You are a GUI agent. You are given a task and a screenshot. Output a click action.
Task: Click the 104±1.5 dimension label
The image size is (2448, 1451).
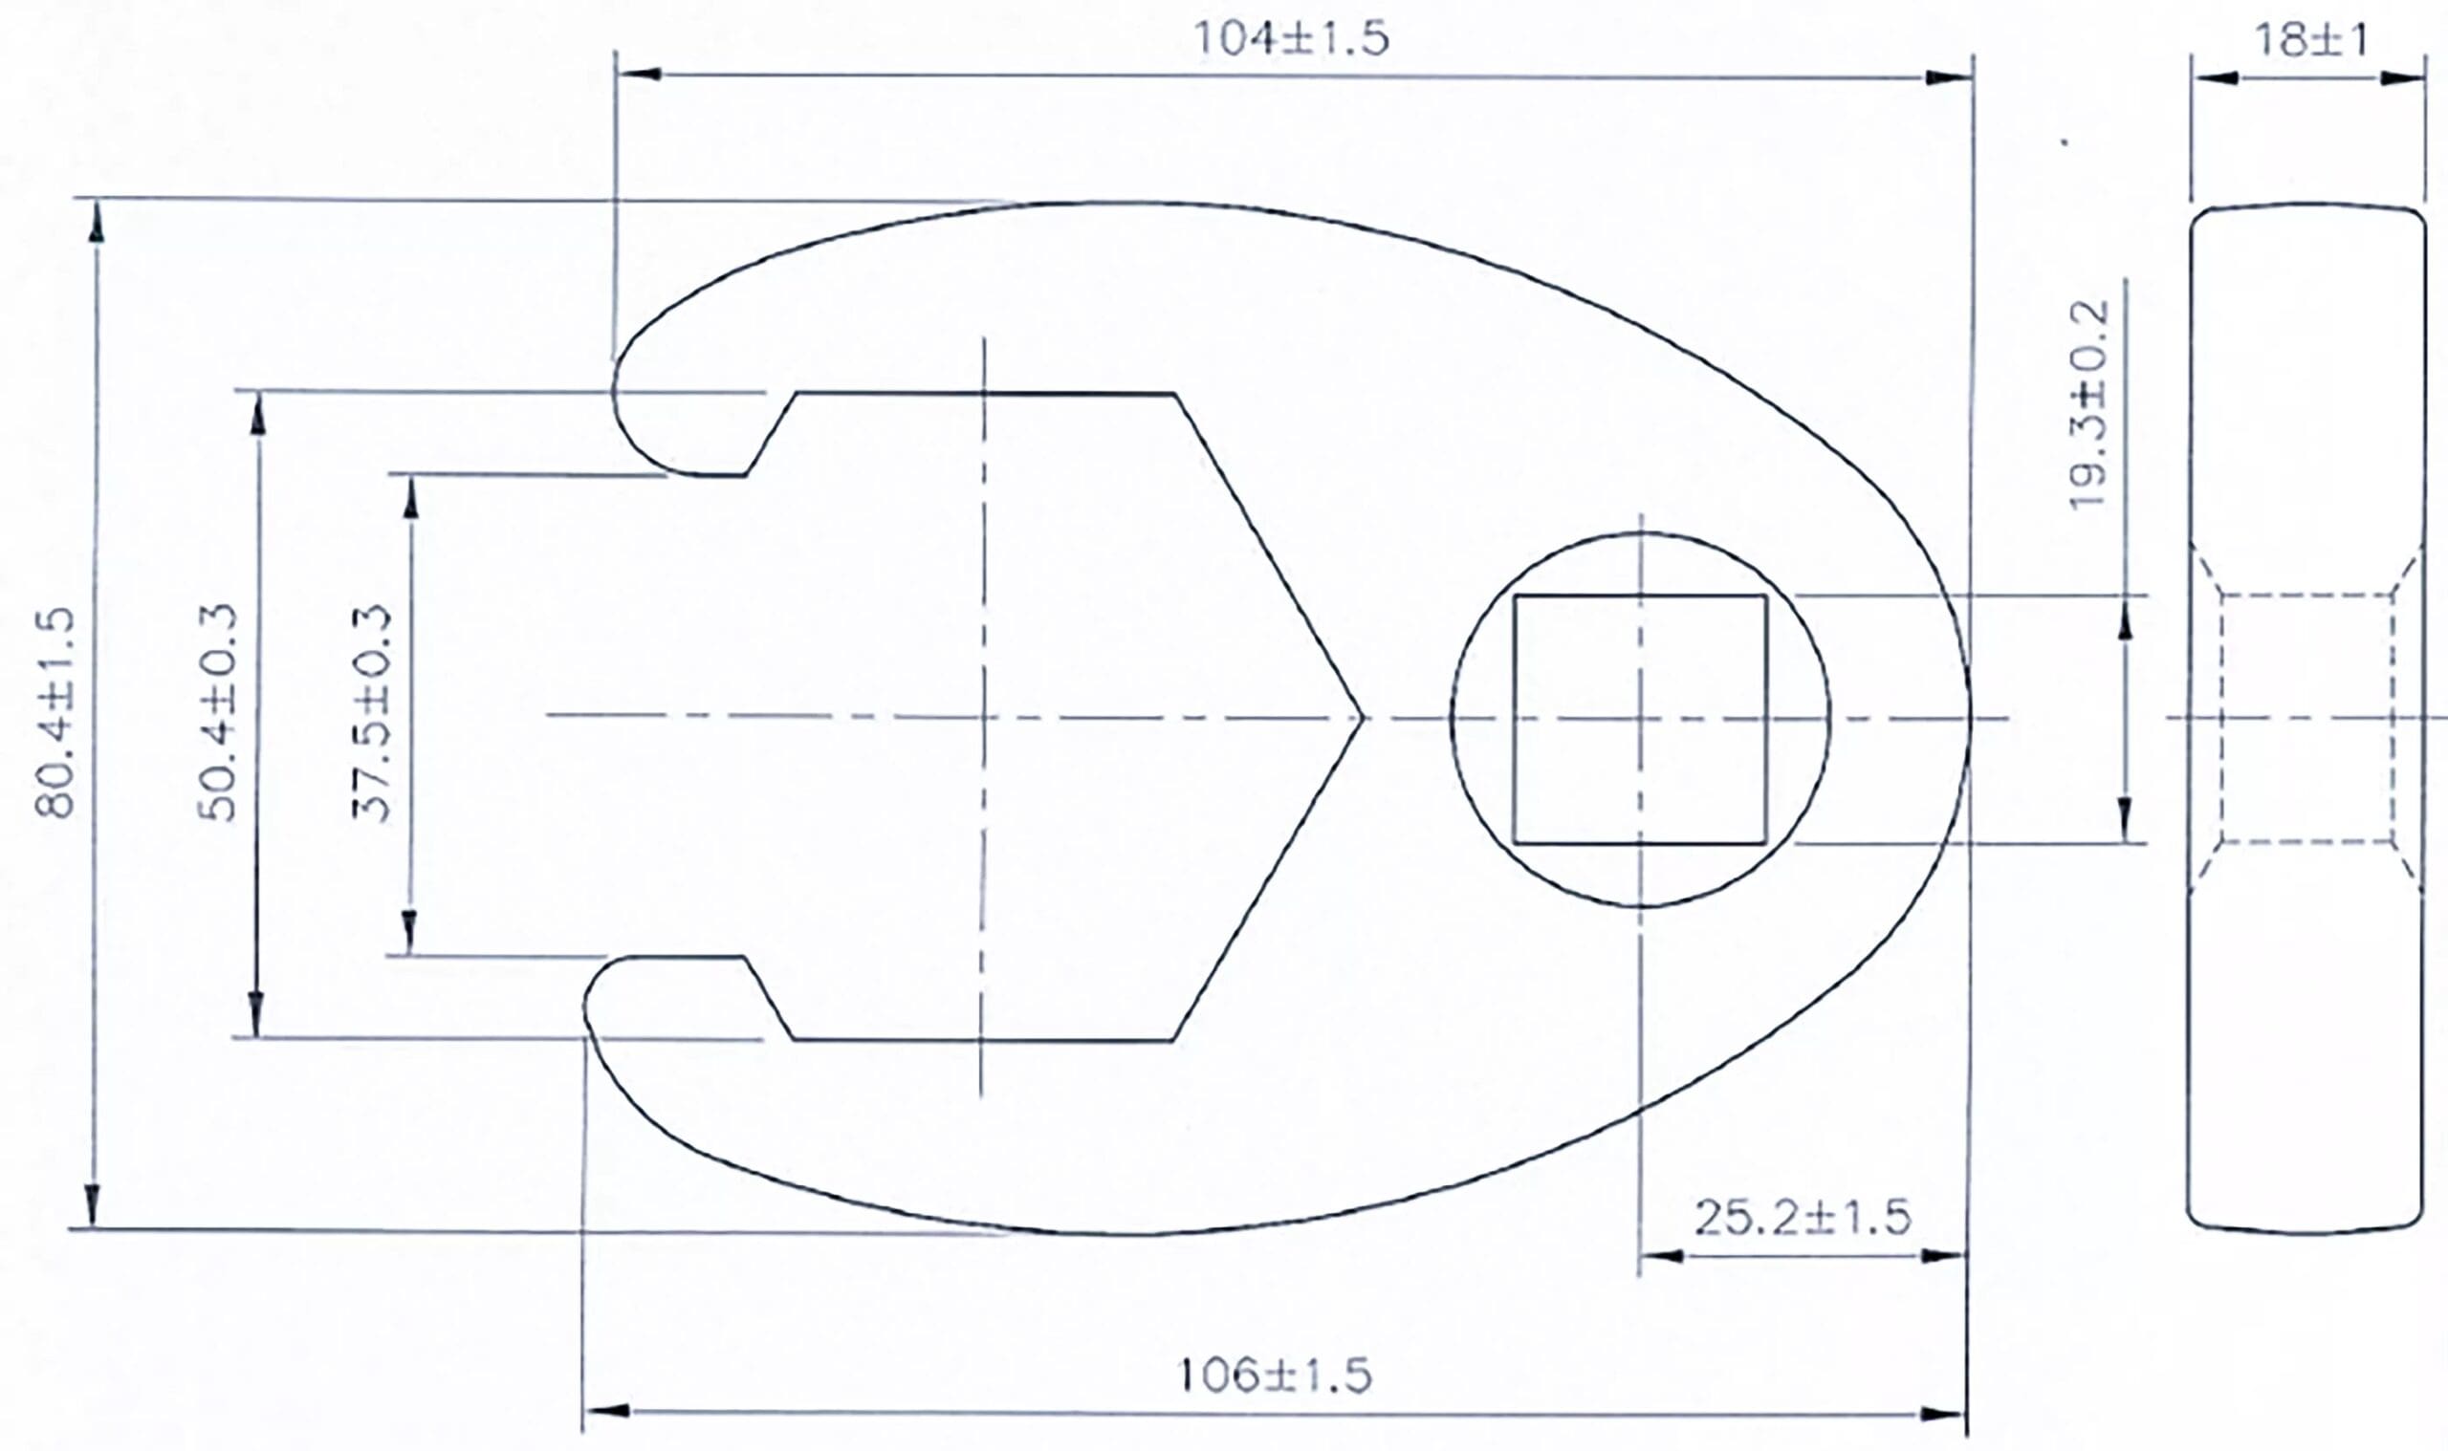pos(1290,40)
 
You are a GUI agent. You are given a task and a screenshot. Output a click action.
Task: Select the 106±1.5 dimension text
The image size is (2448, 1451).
pos(1275,1375)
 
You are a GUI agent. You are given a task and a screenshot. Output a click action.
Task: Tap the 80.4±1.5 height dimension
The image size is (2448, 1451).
pos(55,712)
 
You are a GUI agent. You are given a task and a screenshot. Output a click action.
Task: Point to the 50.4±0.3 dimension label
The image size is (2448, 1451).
pos(218,712)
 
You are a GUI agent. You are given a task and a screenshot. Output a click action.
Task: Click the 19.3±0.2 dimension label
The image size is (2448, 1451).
pos(2089,404)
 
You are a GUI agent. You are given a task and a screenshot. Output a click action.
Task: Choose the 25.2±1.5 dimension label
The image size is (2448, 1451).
pos(1802,1218)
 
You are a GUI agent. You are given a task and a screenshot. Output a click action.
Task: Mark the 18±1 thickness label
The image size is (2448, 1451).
pos(2312,40)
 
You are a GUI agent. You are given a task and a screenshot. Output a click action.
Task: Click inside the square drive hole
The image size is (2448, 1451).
pos(1640,720)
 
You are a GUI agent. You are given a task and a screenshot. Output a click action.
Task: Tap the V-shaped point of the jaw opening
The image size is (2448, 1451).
pos(1362,719)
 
